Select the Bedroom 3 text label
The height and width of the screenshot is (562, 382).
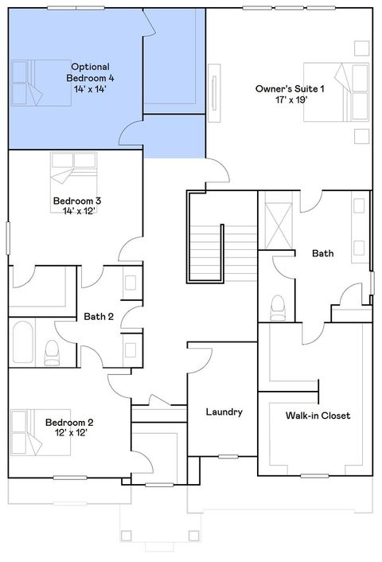pyautogui.click(x=76, y=201)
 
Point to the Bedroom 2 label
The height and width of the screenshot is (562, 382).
pyautogui.click(x=69, y=422)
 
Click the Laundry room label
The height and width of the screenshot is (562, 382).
pyautogui.click(x=224, y=412)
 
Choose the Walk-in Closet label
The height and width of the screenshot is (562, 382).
pyautogui.click(x=318, y=416)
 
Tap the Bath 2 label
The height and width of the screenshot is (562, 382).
pyautogui.click(x=99, y=316)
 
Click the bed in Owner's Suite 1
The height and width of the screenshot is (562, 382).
pyautogui.click(x=334, y=92)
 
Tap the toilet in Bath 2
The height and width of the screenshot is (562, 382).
pyautogui.click(x=53, y=349)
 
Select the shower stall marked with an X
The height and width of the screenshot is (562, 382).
pyautogui.click(x=279, y=224)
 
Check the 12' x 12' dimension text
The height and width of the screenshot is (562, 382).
pyautogui.click(x=69, y=433)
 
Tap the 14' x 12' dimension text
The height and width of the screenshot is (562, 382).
pyautogui.click(x=76, y=212)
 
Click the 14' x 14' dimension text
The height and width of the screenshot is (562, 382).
pyautogui.click(x=90, y=89)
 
